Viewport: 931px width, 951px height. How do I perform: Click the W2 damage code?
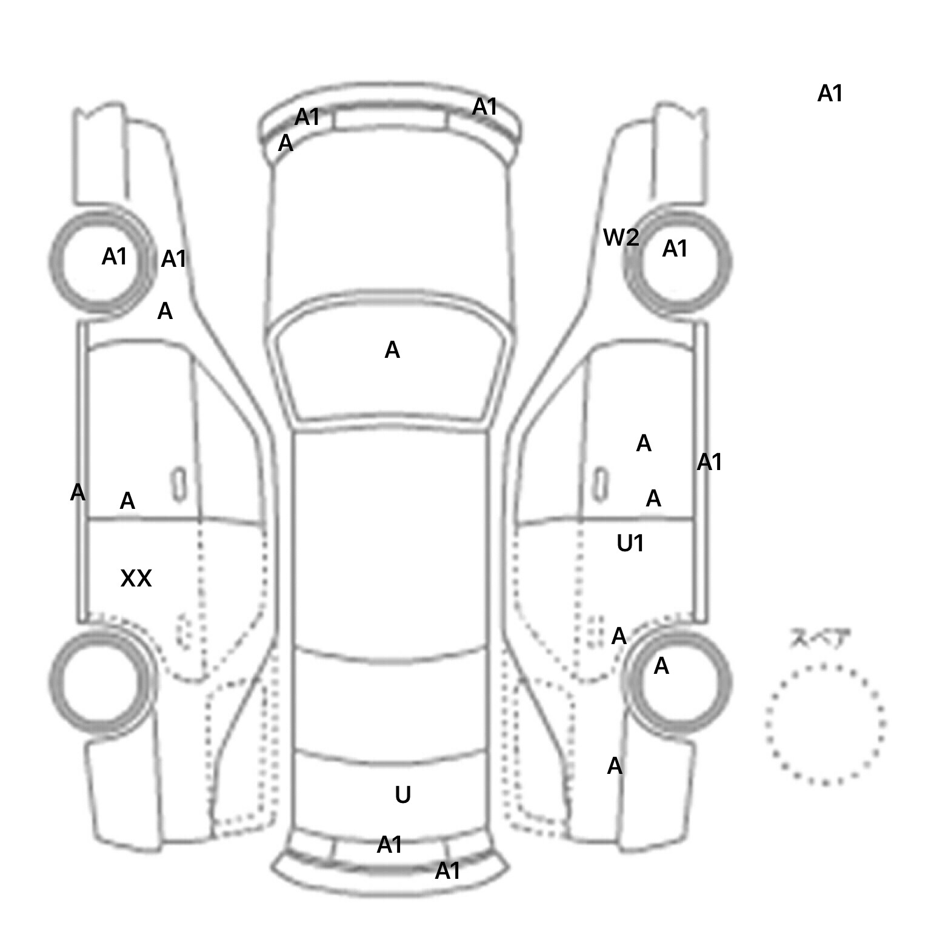click(621, 237)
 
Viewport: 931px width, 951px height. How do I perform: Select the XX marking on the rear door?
click(136, 579)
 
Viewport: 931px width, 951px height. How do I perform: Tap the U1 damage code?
click(630, 543)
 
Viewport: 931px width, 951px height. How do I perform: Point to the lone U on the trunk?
click(402, 795)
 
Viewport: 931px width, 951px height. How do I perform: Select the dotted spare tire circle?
click(825, 724)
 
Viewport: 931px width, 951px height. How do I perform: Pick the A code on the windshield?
click(392, 350)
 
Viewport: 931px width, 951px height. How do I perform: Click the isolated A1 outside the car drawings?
click(830, 93)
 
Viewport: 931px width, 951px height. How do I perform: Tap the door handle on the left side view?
click(179, 485)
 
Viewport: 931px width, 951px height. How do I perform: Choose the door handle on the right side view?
click(601, 485)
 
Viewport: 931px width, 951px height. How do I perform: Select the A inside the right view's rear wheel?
click(661, 666)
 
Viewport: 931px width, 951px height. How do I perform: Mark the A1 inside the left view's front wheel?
click(114, 257)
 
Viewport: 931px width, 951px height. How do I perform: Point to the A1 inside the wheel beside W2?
click(675, 249)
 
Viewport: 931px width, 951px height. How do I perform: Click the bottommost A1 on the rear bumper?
click(447, 871)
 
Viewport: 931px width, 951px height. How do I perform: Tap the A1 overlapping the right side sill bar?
click(709, 462)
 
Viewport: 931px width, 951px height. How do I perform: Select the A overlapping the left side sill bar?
click(78, 492)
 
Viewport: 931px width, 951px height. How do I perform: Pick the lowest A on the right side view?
click(615, 766)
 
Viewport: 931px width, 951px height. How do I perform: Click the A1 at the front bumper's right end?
click(484, 107)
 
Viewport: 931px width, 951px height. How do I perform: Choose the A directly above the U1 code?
click(653, 499)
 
